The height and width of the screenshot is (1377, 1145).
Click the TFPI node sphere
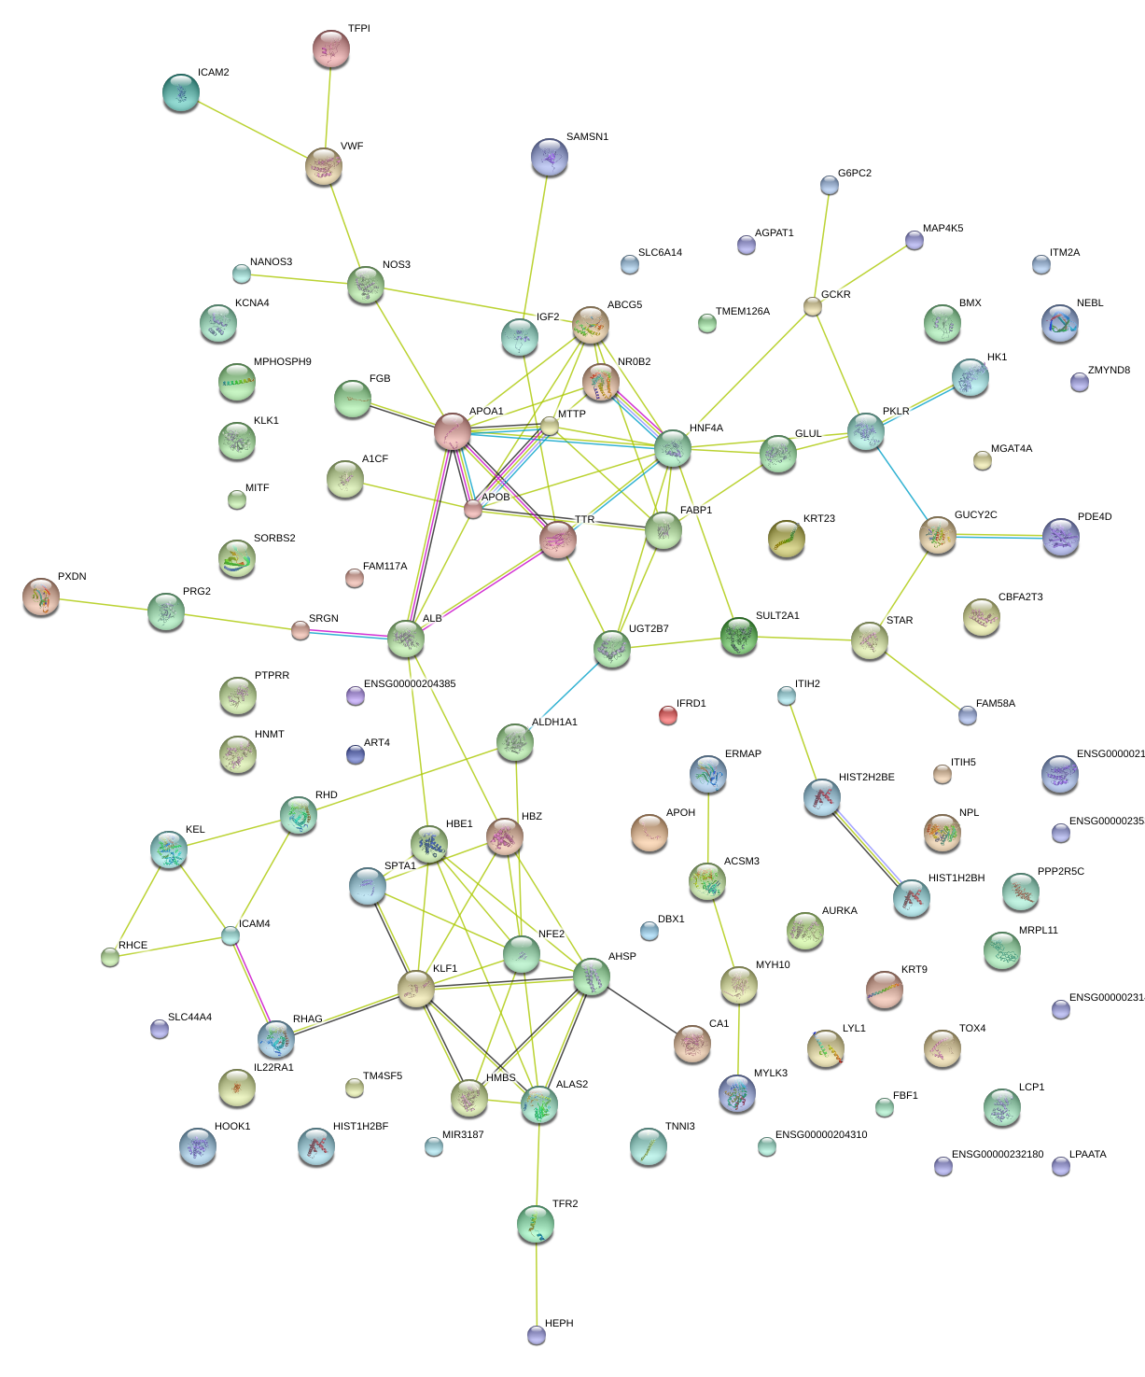(330, 49)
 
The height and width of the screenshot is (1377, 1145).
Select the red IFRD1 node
(667, 715)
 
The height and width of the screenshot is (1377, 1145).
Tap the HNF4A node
(672, 448)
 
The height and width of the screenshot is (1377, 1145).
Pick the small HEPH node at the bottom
(536, 1335)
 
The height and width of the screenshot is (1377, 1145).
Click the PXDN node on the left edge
(40, 597)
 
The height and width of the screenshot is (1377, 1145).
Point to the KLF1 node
(416, 988)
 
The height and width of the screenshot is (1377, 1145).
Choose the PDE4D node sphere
(1060, 537)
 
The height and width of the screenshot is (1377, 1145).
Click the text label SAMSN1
(587, 137)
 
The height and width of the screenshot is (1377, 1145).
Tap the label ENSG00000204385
(410, 684)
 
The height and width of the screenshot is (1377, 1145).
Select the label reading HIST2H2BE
(866, 778)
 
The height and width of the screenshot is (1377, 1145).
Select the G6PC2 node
(829, 185)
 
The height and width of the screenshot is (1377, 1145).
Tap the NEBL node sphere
(1059, 323)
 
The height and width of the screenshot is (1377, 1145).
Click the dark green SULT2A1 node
(738, 636)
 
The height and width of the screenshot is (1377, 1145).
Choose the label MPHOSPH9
(283, 362)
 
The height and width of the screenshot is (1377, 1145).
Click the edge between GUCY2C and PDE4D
(998, 536)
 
